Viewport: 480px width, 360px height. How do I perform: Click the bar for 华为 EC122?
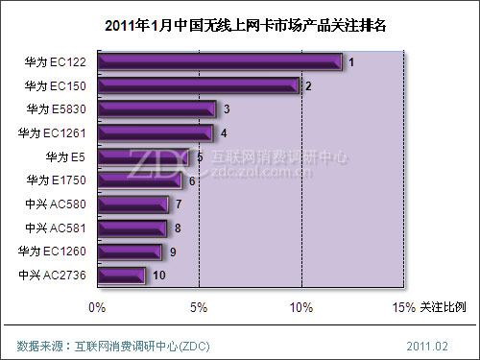point(219,62)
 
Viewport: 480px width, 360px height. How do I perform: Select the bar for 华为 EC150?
point(198,86)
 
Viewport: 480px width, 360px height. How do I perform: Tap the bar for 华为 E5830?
point(156,109)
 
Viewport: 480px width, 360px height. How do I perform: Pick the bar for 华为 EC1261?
point(155,132)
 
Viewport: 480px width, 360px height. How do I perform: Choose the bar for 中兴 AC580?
point(132,204)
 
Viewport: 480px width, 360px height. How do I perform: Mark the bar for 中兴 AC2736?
point(121,276)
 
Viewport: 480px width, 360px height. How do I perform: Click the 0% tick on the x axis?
point(96,307)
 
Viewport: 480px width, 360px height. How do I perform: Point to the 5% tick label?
point(199,307)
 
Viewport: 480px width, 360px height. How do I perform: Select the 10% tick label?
point(301,307)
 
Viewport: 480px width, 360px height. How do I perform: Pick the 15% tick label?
point(403,307)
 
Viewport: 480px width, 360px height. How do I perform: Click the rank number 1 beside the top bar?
point(351,63)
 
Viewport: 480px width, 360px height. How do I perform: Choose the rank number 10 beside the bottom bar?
point(159,276)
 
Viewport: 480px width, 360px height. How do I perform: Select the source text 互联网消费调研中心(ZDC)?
point(143,345)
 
